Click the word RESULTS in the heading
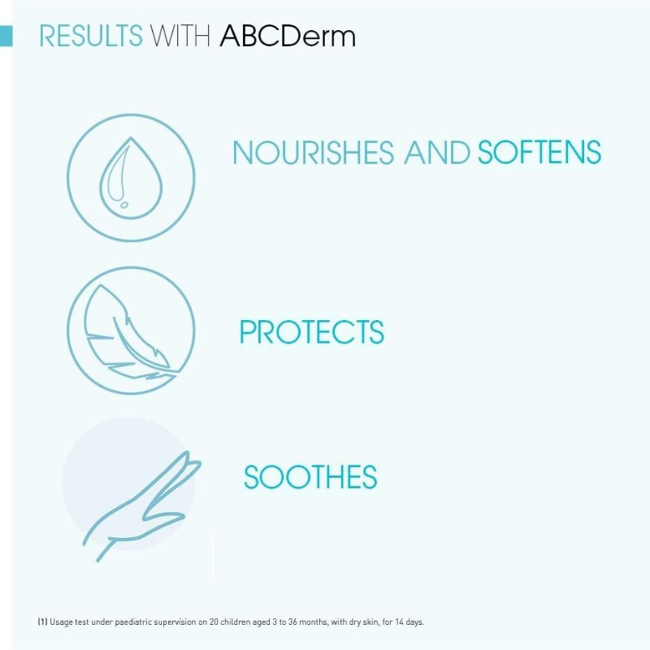click(90, 37)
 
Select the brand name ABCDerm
click(288, 37)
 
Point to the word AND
click(436, 153)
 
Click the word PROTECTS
click(311, 332)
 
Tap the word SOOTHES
click(310, 477)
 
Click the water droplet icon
click(130, 177)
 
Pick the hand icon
click(138, 504)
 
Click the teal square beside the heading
click(6, 36)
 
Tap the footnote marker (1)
click(42, 622)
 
